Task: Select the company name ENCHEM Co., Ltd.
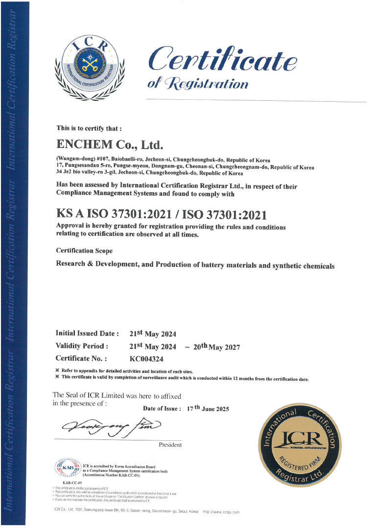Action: (x=110, y=144)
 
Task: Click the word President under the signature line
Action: (x=170, y=445)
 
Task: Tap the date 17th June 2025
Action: (x=208, y=409)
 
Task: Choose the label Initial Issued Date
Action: (x=88, y=333)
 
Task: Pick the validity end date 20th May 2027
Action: (x=217, y=346)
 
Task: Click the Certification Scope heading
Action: (x=85, y=251)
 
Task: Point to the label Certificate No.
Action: (x=82, y=358)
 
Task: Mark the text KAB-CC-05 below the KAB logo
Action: (x=66, y=482)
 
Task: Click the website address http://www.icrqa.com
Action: (x=221, y=512)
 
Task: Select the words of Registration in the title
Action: (x=198, y=83)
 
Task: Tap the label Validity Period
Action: (x=82, y=346)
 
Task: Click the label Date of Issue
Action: (x=162, y=409)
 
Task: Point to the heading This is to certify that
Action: (x=89, y=128)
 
